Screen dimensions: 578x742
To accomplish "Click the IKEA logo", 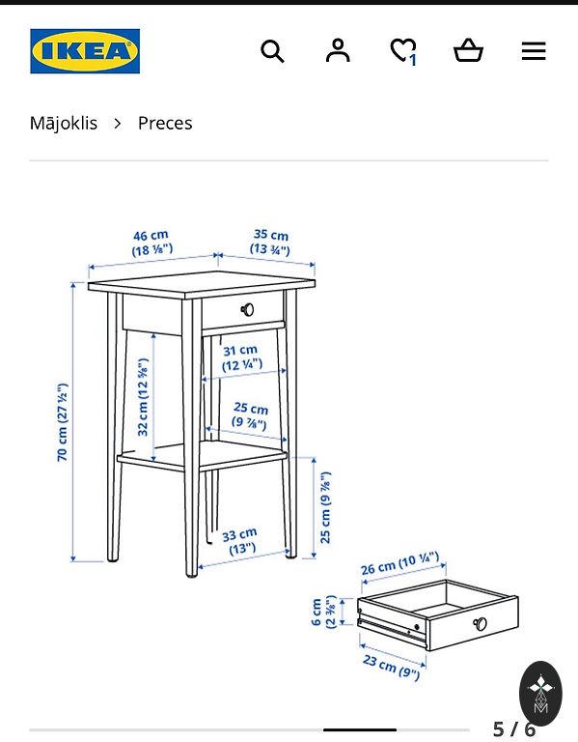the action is coord(85,51).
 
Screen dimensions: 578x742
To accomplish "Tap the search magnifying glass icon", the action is coord(272,51).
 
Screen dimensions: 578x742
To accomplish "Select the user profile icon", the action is coord(338,50).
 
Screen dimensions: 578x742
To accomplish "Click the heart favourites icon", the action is coord(403,50).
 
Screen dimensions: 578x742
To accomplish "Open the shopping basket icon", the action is coord(468,50).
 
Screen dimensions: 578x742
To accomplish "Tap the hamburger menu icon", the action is coord(534,51).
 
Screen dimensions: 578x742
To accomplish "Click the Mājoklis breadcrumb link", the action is coord(64,123).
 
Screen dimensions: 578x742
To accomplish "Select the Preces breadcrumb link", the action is coord(165,123).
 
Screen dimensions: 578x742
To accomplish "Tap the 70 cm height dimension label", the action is coord(63,422).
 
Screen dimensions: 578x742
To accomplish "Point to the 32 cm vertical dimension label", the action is coord(142,396).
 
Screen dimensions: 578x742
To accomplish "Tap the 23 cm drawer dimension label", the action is coord(392,666).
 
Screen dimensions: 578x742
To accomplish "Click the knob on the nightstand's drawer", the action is coord(247,309).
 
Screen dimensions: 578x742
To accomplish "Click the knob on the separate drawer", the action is coord(481,624).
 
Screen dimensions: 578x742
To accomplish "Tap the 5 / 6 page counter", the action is coord(513,729).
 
